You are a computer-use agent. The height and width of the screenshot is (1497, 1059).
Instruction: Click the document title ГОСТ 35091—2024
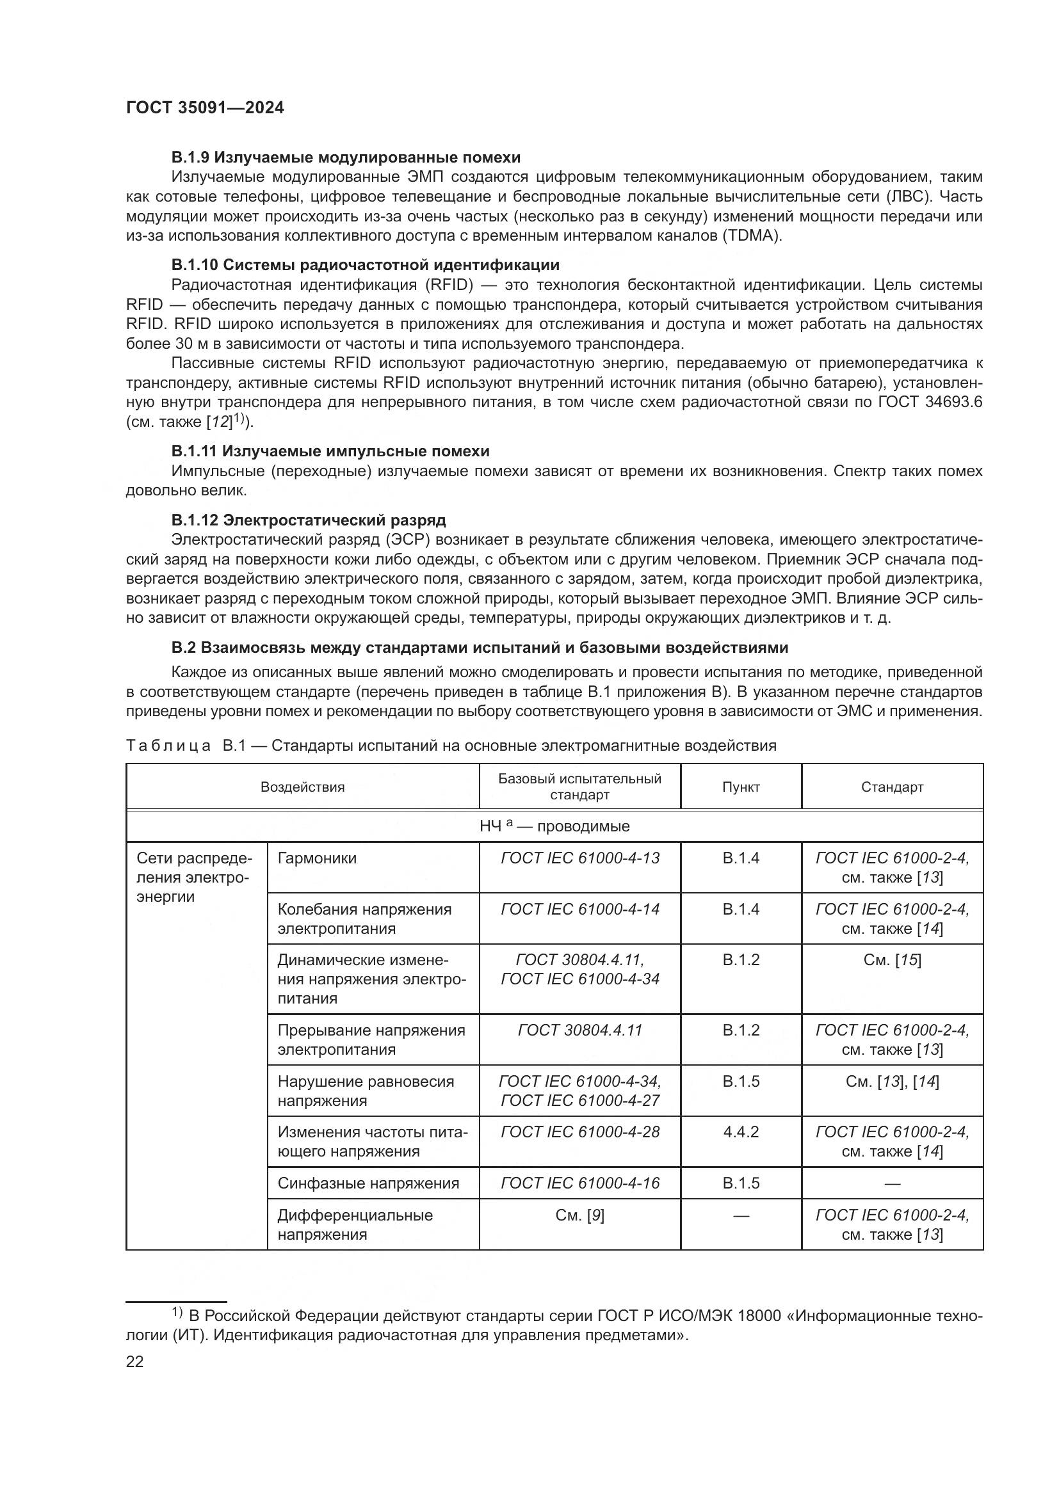click(205, 108)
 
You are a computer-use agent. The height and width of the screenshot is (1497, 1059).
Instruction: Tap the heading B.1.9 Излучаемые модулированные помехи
click(346, 157)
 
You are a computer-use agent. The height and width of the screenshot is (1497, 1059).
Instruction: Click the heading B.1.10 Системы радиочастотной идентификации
click(365, 265)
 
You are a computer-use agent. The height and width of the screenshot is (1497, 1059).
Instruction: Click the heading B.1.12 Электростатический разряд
click(309, 520)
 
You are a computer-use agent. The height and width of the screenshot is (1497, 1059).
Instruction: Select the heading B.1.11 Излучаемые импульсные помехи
click(330, 451)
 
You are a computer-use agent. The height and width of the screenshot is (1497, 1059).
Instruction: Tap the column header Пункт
click(741, 787)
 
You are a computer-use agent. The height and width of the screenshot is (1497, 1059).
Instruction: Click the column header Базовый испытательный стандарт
click(579, 787)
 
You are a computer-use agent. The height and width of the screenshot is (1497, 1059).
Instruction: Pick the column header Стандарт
click(891, 787)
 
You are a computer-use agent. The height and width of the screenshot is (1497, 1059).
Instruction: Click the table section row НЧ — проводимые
click(554, 826)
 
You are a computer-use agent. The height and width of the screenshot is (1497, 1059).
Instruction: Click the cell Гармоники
click(317, 858)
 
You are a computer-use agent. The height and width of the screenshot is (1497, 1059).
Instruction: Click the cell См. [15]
click(891, 960)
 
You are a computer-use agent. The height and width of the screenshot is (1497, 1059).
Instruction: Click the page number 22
click(135, 1361)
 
